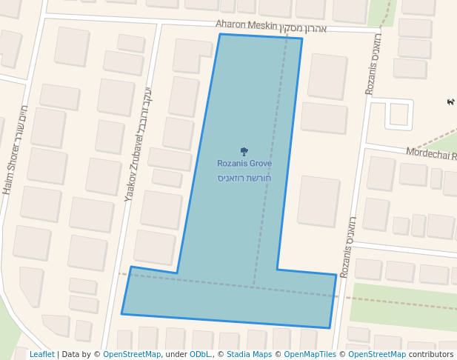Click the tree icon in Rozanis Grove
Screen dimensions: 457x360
(x=244, y=151)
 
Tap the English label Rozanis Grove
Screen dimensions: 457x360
(x=244, y=164)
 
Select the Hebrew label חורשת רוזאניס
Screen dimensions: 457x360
(x=244, y=179)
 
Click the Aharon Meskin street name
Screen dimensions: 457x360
(x=245, y=24)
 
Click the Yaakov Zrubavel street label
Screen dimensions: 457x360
(x=131, y=170)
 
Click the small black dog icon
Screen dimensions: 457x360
(x=450, y=101)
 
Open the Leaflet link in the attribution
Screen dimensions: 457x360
(x=41, y=354)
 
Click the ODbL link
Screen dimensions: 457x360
(x=200, y=354)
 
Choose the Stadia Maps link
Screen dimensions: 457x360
(x=251, y=354)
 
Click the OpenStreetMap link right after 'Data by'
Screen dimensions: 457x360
(x=132, y=354)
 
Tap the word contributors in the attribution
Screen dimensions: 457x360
(x=431, y=354)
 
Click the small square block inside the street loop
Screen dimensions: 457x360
(x=399, y=114)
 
